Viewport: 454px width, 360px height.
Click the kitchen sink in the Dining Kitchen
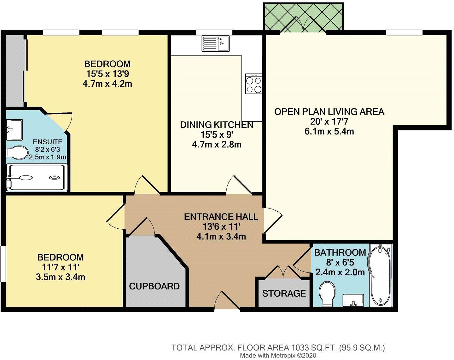[x=216, y=43]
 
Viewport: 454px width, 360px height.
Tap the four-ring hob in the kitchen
[x=254, y=84]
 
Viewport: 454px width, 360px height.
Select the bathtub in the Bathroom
[x=381, y=275]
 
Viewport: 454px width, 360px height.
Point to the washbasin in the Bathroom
[x=353, y=300]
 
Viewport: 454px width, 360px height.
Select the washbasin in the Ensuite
[x=15, y=129]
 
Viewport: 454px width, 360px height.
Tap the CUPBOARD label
[x=154, y=286]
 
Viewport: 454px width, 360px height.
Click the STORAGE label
[x=284, y=294]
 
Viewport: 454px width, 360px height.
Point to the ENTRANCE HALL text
[x=221, y=217]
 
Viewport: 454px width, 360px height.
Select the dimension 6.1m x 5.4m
[x=329, y=131]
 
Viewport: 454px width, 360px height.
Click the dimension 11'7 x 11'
[x=60, y=267]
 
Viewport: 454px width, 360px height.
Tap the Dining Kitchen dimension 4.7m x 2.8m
[x=217, y=145]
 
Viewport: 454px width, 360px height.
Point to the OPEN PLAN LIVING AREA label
[x=329, y=112]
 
